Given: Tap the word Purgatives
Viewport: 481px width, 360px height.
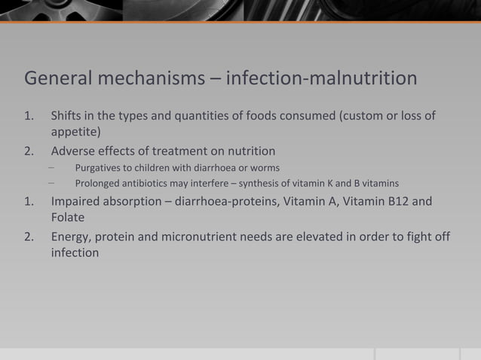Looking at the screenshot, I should (99, 167).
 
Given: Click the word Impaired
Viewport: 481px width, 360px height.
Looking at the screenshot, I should (75, 202).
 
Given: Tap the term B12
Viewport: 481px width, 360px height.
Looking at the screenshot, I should (403, 202).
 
